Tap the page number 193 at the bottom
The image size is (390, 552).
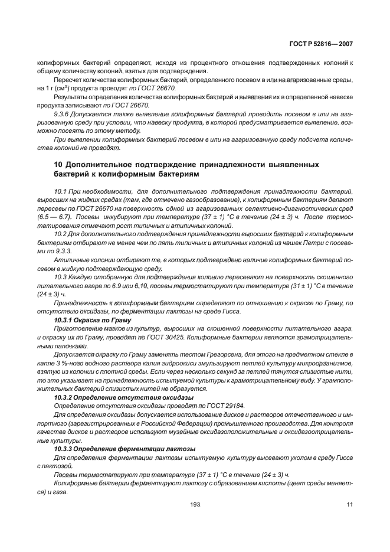195,504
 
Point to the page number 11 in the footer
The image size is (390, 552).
349,504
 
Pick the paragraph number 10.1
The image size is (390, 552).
60,192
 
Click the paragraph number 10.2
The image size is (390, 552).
60,234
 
